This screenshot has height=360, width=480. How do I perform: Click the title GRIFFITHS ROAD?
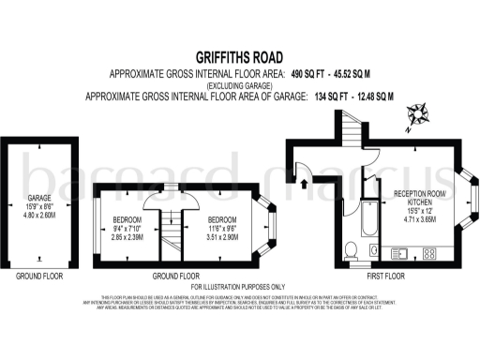240,55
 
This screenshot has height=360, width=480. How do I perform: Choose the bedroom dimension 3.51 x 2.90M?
221,238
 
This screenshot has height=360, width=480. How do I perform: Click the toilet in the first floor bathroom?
350,249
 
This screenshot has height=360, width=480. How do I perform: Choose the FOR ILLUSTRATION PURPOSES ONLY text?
240,286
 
